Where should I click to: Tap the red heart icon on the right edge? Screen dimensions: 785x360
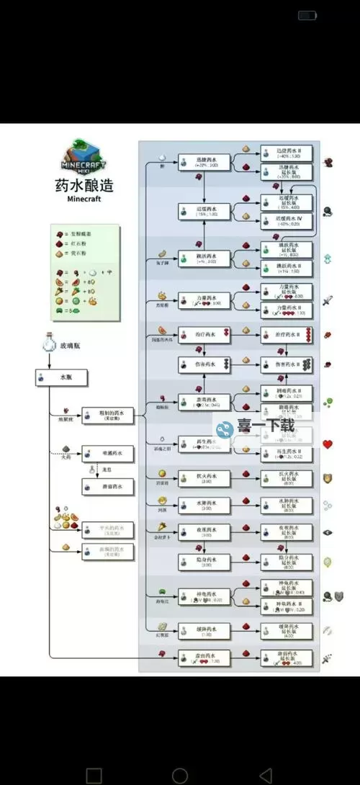(328, 444)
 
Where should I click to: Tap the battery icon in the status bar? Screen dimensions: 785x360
(307, 15)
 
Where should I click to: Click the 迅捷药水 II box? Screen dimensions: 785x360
(286, 151)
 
